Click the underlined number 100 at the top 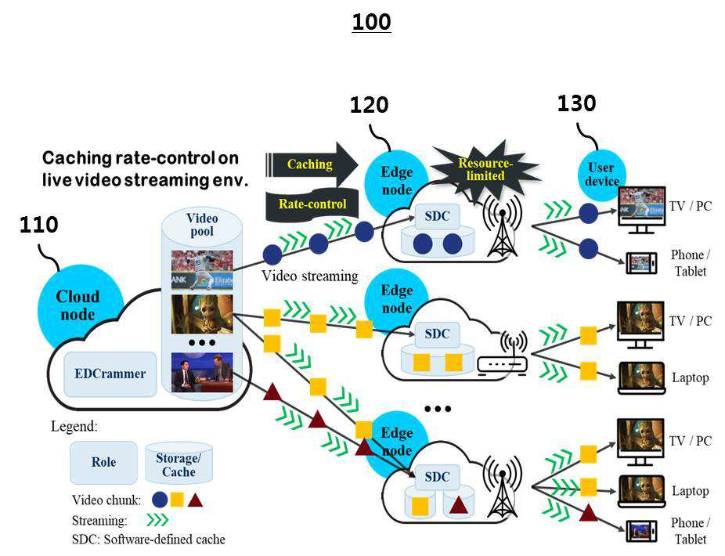(371, 22)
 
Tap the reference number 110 (39, 225)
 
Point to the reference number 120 (369, 105)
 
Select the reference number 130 (576, 103)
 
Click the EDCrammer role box (110, 374)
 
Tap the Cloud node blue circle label (78, 305)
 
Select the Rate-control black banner (312, 204)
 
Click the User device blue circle (601, 175)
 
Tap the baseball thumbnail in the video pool (202, 269)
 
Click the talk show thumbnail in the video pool (202, 372)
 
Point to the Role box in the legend (103, 462)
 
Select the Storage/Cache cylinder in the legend (179, 464)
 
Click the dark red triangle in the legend (195, 500)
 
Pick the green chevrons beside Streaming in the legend (157, 521)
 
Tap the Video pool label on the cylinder (202, 225)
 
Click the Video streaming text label (310, 276)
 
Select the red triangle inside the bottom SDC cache (458, 505)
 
